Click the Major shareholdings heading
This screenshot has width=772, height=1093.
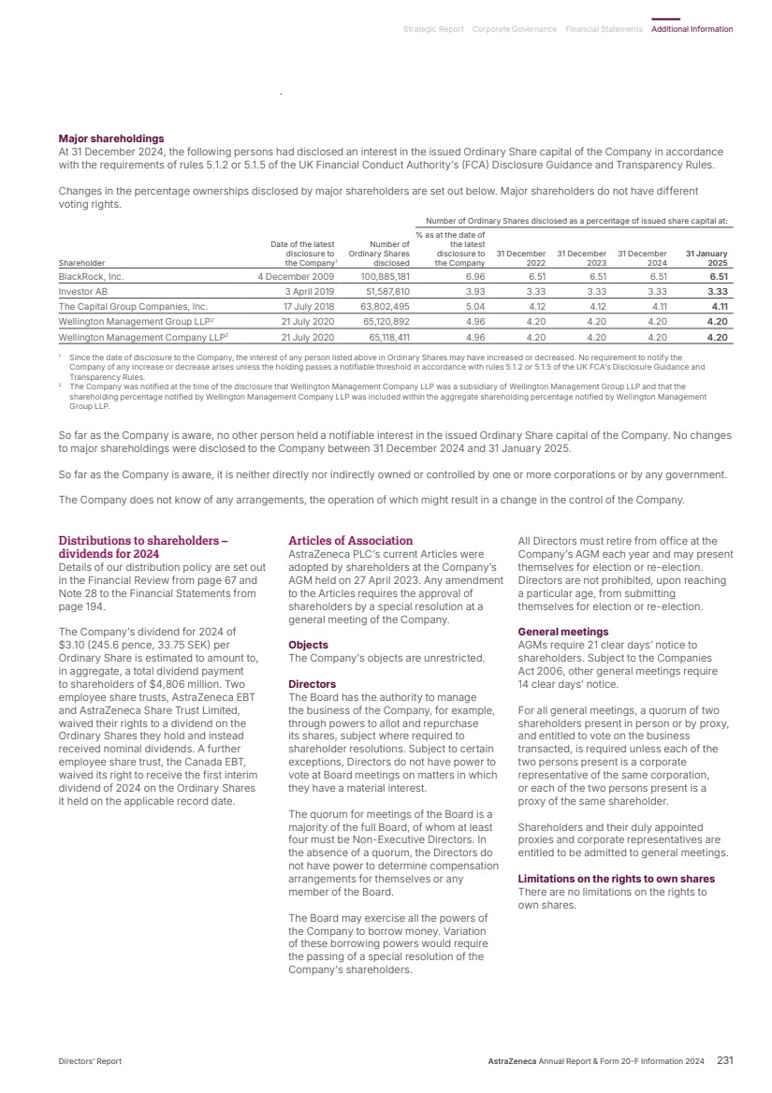click(x=111, y=138)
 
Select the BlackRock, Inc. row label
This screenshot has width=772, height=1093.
click(x=92, y=277)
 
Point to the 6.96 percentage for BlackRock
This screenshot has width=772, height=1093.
click(x=474, y=277)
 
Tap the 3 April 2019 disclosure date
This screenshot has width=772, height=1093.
click(x=309, y=291)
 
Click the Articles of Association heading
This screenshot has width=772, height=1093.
click(x=350, y=541)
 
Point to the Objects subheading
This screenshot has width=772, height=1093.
click(x=308, y=645)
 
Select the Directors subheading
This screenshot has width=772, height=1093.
click(x=312, y=684)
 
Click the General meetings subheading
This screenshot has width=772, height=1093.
click(x=562, y=632)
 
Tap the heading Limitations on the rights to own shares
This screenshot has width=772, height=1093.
click(x=616, y=879)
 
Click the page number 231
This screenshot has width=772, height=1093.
click(x=724, y=1060)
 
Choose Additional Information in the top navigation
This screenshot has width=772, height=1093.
click(x=692, y=29)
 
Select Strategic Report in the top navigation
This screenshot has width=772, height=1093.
click(x=433, y=29)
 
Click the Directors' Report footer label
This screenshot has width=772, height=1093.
click(x=90, y=1061)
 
